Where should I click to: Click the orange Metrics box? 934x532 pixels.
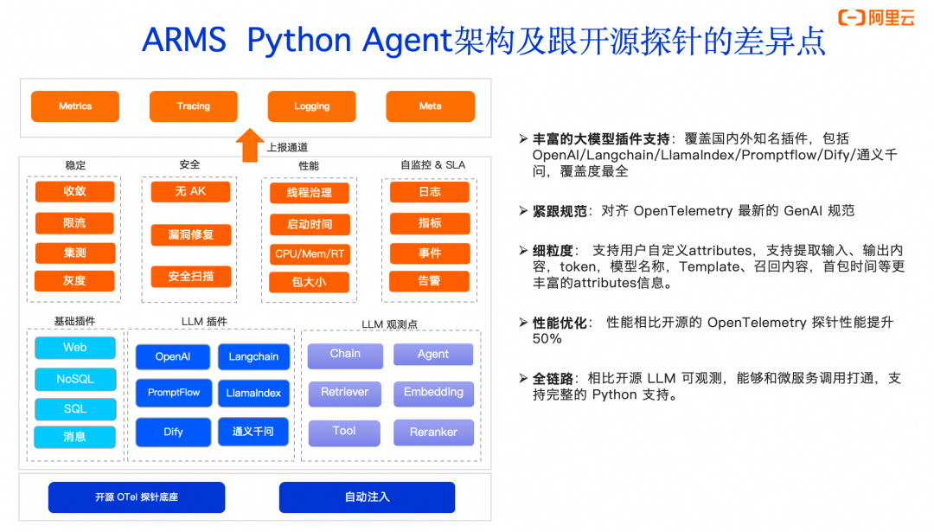[x=75, y=106]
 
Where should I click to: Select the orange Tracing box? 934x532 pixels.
[x=193, y=106]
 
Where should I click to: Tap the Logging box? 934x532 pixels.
[x=311, y=106]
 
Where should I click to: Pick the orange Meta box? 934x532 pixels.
[x=430, y=106]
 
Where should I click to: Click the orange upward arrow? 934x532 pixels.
[x=250, y=145]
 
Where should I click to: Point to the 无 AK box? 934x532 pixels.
[x=190, y=191]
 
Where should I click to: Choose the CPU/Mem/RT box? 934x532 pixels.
[x=309, y=254]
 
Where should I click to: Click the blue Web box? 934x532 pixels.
[x=75, y=348]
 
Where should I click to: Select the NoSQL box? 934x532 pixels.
[x=75, y=379]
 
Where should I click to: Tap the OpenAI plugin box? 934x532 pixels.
[x=173, y=357]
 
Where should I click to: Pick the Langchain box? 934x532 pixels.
[x=253, y=357]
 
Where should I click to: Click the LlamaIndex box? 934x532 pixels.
[x=253, y=393]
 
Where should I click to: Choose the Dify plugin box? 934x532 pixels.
[x=173, y=432]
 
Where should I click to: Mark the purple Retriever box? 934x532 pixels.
[x=344, y=393]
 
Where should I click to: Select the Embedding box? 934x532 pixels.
[x=433, y=393]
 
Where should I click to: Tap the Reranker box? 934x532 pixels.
[x=433, y=432]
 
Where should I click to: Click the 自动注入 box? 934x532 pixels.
[x=367, y=497]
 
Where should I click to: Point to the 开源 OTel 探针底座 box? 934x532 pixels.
[x=137, y=497]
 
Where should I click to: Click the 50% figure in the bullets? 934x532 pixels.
[x=547, y=338]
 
